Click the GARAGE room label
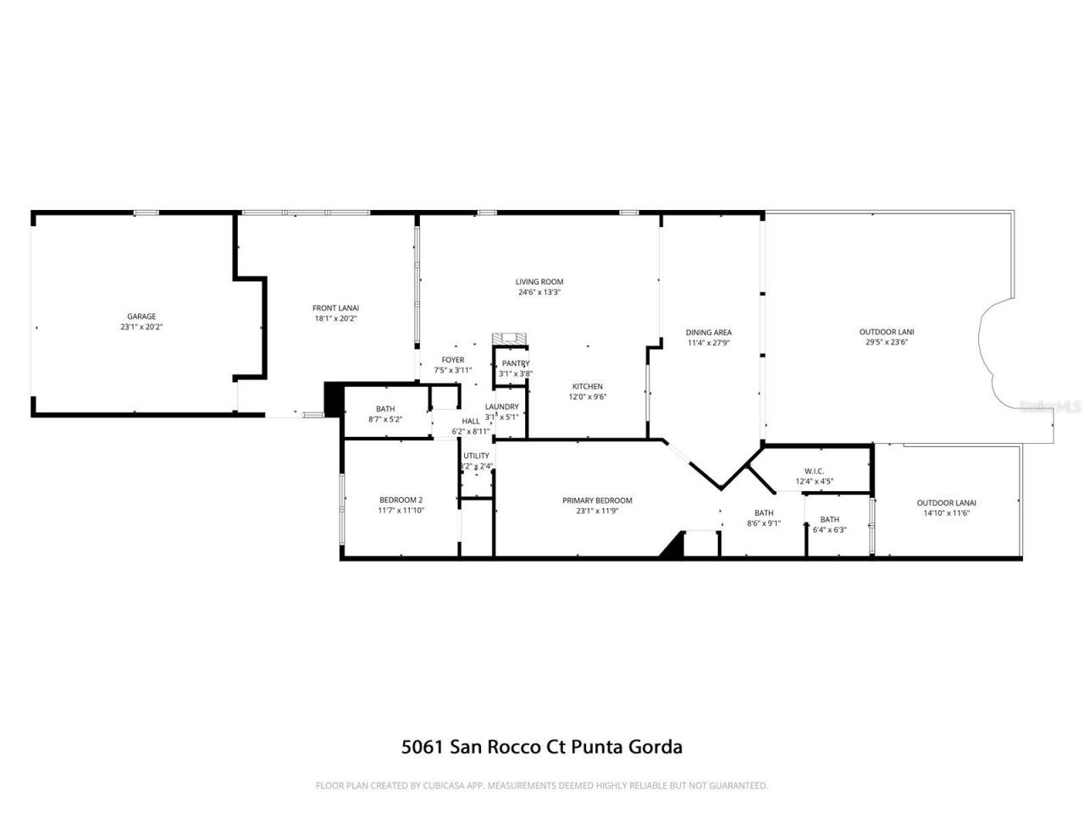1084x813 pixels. [141, 317]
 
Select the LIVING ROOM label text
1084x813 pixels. [539, 282]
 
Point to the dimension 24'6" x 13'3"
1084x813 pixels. [539, 292]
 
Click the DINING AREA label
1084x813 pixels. [709, 333]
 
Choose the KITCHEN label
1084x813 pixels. [587, 386]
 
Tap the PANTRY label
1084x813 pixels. [515, 363]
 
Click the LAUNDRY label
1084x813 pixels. [501, 406]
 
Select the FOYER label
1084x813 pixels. [452, 360]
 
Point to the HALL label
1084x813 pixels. [471, 421]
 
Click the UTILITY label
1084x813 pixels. [476, 456]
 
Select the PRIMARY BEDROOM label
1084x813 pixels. [597, 501]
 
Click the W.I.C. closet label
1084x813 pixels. [814, 472]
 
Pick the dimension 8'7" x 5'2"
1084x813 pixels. [385, 419]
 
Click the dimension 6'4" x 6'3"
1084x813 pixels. [829, 530]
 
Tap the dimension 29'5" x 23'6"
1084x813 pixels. [887, 342]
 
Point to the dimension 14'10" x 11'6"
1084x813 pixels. [946, 513]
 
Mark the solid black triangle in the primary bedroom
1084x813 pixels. [673, 546]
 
